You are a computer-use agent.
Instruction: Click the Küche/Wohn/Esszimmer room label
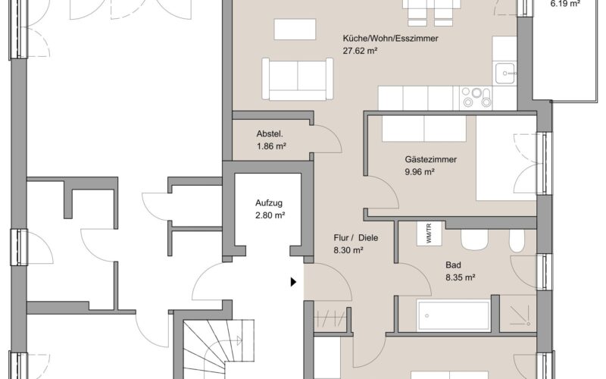click(x=390, y=39)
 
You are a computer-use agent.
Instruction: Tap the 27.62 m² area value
click(x=360, y=51)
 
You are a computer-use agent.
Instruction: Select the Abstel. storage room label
click(x=270, y=134)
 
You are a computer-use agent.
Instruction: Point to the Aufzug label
click(x=269, y=202)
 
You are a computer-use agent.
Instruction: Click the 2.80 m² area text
click(x=270, y=215)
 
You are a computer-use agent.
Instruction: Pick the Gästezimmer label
click(x=430, y=159)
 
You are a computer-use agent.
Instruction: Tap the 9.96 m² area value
click(x=420, y=171)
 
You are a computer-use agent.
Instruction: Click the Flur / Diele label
click(x=355, y=238)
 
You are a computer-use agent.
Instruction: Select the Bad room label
click(x=453, y=265)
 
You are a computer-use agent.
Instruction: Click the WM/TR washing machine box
click(x=429, y=233)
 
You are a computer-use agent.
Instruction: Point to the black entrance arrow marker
click(x=293, y=282)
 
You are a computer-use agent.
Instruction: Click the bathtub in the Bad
click(x=454, y=315)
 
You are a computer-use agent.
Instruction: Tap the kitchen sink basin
click(x=505, y=73)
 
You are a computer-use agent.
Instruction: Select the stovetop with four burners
click(x=476, y=98)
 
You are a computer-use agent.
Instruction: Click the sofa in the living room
click(x=297, y=79)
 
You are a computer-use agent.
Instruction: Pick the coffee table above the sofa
click(x=295, y=29)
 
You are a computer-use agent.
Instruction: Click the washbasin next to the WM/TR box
click(x=474, y=240)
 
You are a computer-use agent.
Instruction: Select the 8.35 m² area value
click(x=460, y=277)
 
